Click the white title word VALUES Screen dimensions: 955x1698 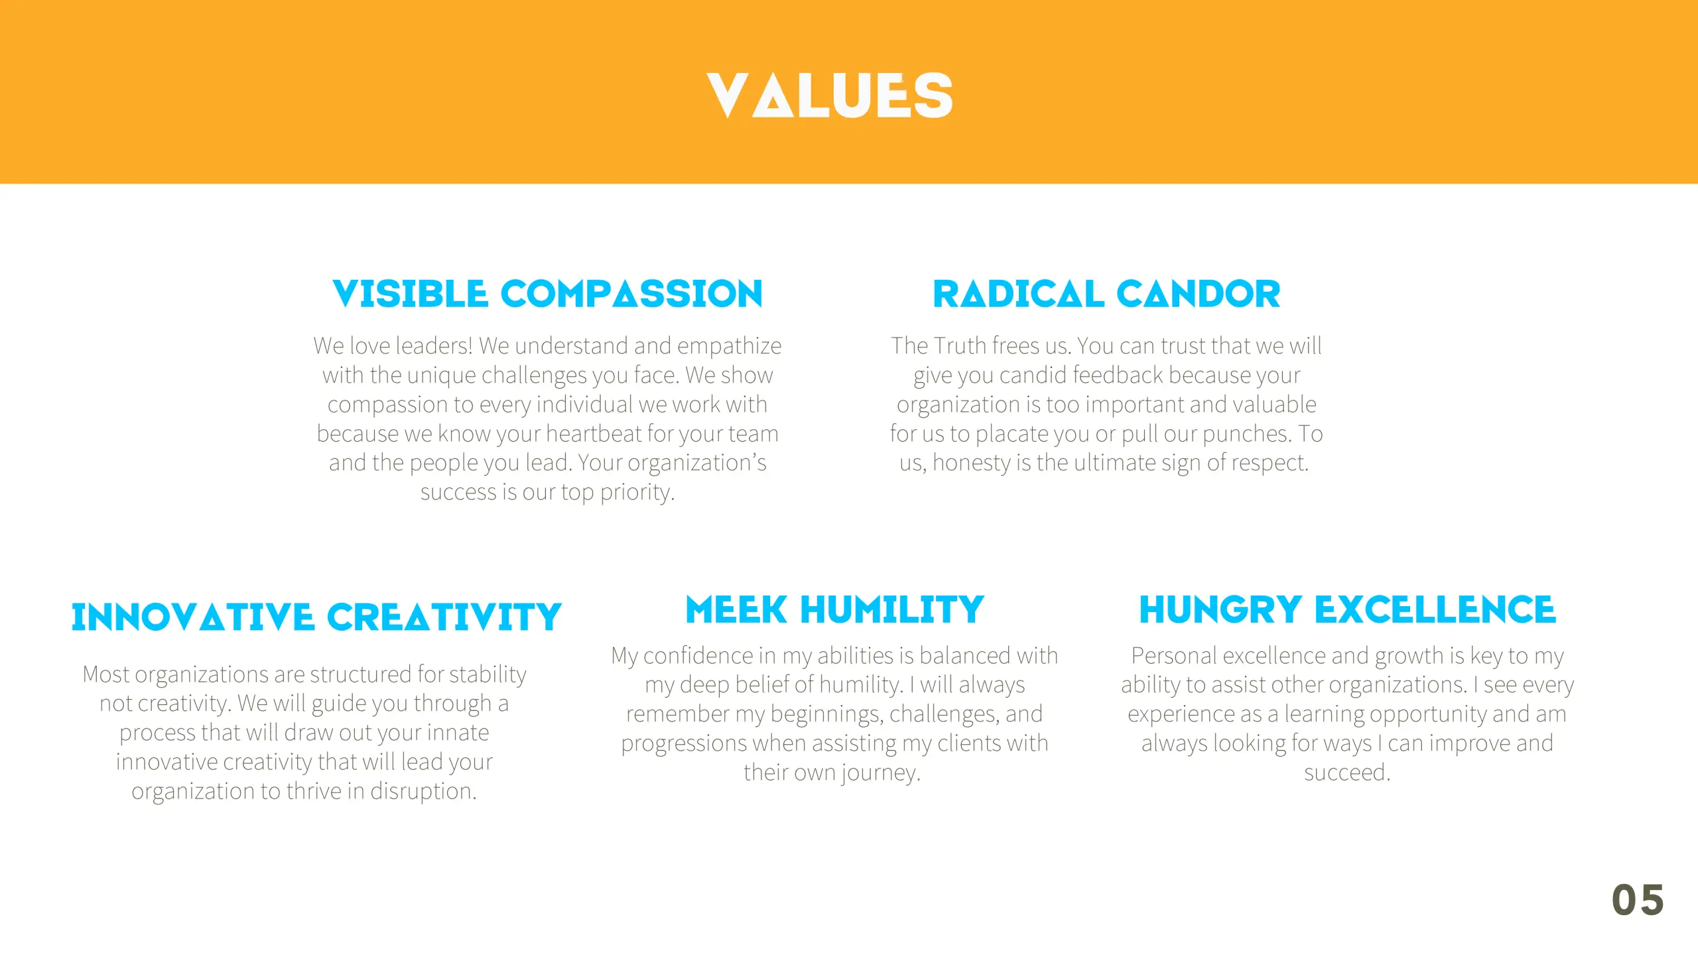coord(829,96)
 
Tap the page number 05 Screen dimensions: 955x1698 coord(1638,901)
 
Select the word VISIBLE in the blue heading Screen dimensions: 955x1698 coord(410,294)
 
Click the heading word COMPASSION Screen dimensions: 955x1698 coord(631,294)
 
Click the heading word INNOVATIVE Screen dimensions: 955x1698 coord(192,617)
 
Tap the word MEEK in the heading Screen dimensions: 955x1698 coord(736,610)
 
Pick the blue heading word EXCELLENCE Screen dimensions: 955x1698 coord(1435,610)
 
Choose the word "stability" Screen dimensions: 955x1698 coord(488,674)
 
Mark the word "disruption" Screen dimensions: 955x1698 coord(423,791)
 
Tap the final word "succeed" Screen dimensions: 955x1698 coord(1346,773)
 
